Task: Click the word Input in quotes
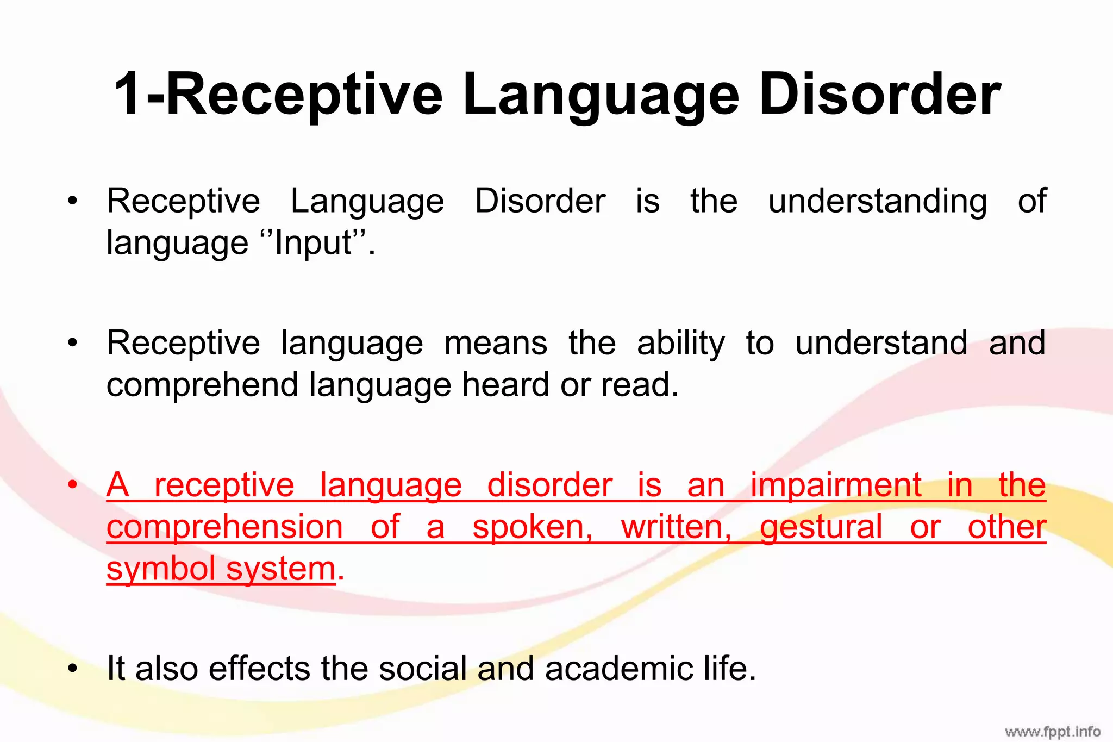(x=314, y=242)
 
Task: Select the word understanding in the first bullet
(x=877, y=201)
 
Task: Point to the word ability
(x=680, y=344)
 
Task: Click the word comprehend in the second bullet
(x=202, y=385)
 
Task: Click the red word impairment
(x=836, y=485)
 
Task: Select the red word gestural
(x=821, y=527)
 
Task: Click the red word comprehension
(x=224, y=527)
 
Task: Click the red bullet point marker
(x=73, y=485)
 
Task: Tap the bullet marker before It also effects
(x=73, y=669)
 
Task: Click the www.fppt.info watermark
(x=1052, y=731)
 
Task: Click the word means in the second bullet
(x=495, y=344)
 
